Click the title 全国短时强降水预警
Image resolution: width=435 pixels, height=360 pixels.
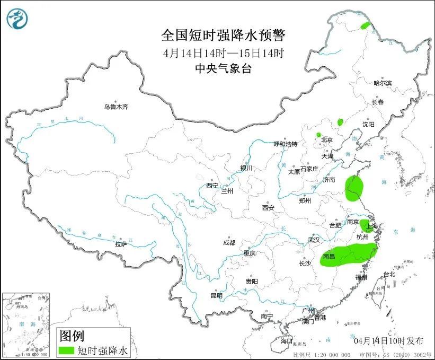click(x=223, y=36)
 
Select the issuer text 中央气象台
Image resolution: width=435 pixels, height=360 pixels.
click(x=223, y=68)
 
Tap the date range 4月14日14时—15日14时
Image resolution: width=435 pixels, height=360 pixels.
click(x=223, y=52)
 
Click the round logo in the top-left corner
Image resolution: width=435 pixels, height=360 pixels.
click(x=17, y=19)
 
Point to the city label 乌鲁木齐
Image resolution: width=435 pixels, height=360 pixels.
click(x=116, y=107)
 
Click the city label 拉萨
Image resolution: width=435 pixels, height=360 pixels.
click(x=121, y=244)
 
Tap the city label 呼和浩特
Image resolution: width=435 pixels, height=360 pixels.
click(x=286, y=144)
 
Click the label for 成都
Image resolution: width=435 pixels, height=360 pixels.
click(x=229, y=243)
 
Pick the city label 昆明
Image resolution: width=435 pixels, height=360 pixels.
click(x=217, y=295)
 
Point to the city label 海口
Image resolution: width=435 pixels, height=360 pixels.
click(x=287, y=340)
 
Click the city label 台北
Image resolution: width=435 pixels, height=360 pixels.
click(x=389, y=274)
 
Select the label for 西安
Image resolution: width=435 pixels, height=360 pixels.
click(x=268, y=208)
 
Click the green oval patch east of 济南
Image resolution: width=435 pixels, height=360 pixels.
click(x=354, y=188)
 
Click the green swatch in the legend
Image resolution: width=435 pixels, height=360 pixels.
click(x=66, y=350)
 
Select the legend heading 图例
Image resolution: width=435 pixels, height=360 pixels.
click(x=72, y=336)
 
